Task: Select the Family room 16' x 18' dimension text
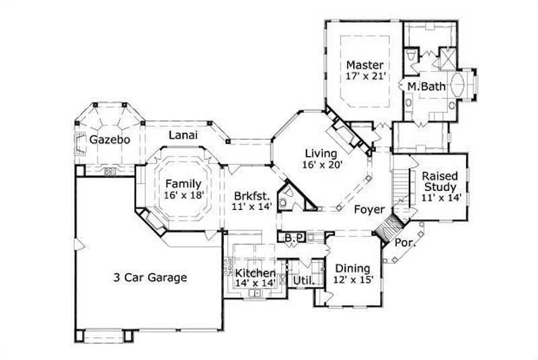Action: pyautogui.click(x=184, y=194)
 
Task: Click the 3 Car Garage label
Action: pyautogui.click(x=149, y=277)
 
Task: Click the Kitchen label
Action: pyautogui.click(x=255, y=273)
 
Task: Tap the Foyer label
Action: pyautogui.click(x=370, y=210)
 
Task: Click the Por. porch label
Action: pyautogui.click(x=405, y=242)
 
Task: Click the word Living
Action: pyautogui.click(x=320, y=153)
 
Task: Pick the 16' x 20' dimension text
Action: pyautogui.click(x=321, y=164)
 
